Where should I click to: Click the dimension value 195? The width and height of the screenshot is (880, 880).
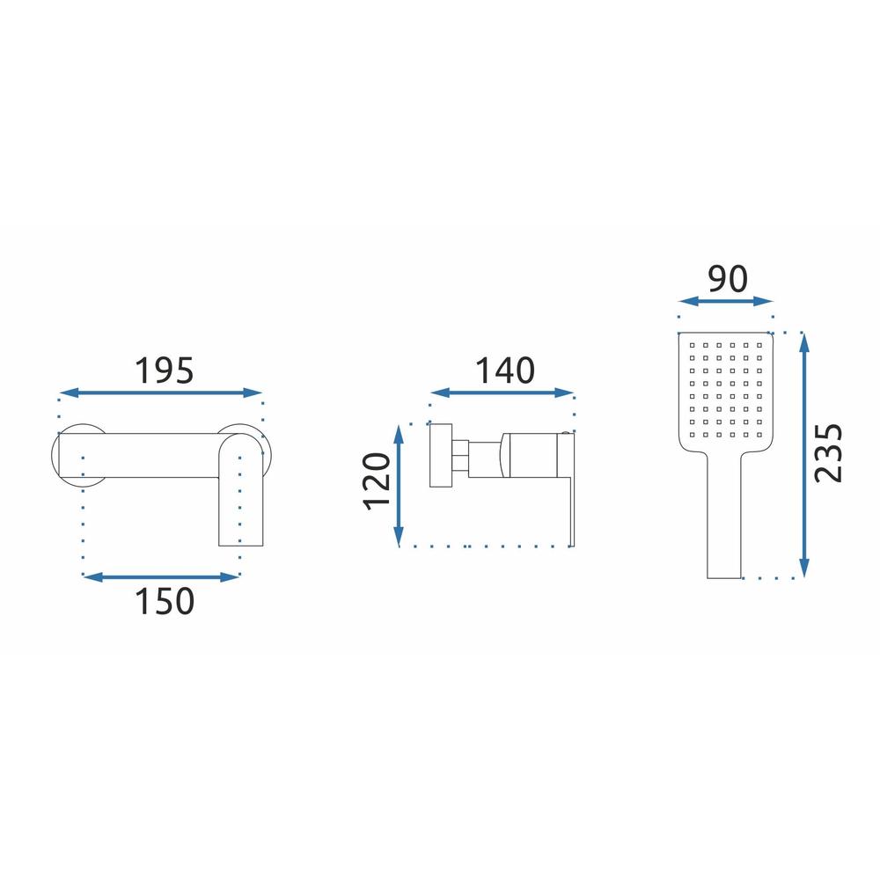(x=164, y=371)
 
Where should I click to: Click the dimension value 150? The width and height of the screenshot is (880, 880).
(x=165, y=601)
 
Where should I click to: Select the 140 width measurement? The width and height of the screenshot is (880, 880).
(x=504, y=371)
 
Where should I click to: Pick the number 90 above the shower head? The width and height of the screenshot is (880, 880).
(x=728, y=279)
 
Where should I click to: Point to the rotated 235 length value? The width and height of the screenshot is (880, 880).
(x=828, y=453)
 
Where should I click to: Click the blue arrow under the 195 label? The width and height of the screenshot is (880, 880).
(x=160, y=392)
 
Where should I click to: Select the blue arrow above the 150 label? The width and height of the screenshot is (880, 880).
(x=162, y=576)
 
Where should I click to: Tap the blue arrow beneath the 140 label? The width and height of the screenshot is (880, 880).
(x=502, y=392)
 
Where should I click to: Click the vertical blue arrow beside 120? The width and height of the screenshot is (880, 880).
(x=399, y=486)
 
